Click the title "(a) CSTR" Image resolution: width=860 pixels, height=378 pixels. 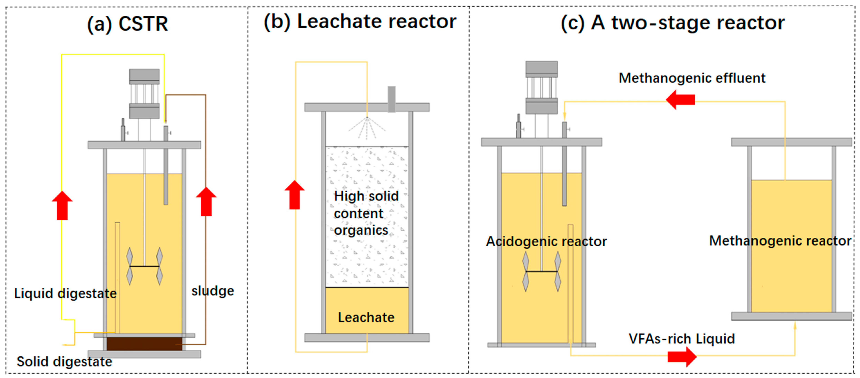pyautogui.click(x=128, y=24)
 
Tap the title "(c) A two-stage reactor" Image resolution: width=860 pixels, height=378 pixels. pyautogui.click(x=672, y=23)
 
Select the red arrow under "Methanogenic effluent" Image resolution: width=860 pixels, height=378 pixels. pyautogui.click(x=680, y=100)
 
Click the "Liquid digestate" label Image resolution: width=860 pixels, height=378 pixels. pyautogui.click(x=65, y=293)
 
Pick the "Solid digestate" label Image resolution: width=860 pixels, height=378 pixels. pyautogui.click(x=64, y=362)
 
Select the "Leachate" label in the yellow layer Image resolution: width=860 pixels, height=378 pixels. pyautogui.click(x=366, y=317)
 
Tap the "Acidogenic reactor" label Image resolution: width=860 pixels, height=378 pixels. pyautogui.click(x=546, y=241)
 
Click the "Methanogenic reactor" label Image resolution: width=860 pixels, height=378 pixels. pyautogui.click(x=780, y=241)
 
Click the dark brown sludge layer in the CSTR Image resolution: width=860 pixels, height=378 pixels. pyautogui.click(x=144, y=344)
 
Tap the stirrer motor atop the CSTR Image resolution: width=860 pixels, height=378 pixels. pyautogui.click(x=144, y=94)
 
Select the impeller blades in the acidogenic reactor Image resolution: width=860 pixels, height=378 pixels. pyautogui.click(x=541, y=271)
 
